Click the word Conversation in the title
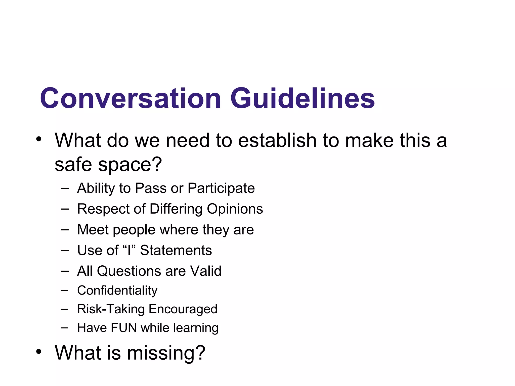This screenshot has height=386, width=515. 130,98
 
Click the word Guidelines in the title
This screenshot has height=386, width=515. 303,98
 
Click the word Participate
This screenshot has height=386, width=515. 221,188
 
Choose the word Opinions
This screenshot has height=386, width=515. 235,209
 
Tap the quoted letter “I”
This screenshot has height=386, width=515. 129,250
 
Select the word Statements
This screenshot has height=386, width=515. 176,250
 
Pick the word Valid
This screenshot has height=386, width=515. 205,271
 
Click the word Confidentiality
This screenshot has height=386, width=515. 117,291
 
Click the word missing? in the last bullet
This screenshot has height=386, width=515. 166,353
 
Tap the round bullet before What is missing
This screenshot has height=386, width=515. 38,352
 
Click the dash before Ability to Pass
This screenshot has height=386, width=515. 65,188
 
